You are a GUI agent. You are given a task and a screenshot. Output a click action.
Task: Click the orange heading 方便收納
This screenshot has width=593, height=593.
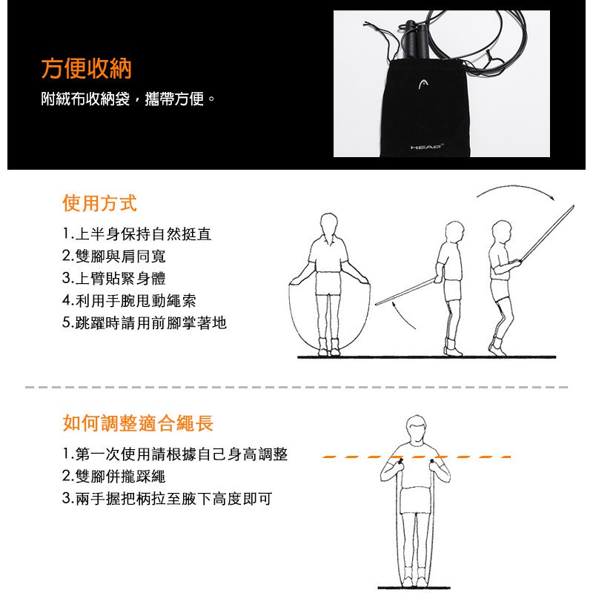click(x=86, y=68)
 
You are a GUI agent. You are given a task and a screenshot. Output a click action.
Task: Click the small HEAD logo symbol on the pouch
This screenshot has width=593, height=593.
click(x=423, y=85)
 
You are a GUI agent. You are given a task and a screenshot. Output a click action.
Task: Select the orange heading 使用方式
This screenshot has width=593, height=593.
click(x=99, y=203)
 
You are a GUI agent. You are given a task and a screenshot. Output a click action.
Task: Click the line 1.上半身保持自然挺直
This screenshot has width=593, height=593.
click(x=137, y=234)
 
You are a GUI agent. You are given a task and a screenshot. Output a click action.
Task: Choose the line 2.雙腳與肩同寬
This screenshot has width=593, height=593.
click(x=114, y=256)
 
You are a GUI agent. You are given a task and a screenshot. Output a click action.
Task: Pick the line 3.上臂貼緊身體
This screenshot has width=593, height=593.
click(x=114, y=279)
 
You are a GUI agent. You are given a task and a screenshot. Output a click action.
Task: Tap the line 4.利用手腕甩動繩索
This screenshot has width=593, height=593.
click(x=129, y=301)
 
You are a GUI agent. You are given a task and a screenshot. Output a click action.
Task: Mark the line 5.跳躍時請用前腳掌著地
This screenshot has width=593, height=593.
click(x=145, y=323)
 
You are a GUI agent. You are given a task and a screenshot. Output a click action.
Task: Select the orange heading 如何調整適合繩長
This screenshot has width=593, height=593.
click(x=138, y=423)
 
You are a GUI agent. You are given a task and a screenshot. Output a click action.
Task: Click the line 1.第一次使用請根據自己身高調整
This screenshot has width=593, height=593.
click(x=175, y=454)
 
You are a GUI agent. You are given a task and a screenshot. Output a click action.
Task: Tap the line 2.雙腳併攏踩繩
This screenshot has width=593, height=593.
click(x=114, y=476)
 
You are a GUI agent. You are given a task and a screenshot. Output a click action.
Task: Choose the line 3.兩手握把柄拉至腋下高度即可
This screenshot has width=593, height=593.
click(x=168, y=498)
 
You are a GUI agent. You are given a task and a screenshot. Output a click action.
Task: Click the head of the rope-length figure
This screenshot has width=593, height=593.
click(x=416, y=429)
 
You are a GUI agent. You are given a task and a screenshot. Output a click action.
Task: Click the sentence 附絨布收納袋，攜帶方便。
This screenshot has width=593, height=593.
click(x=127, y=99)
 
